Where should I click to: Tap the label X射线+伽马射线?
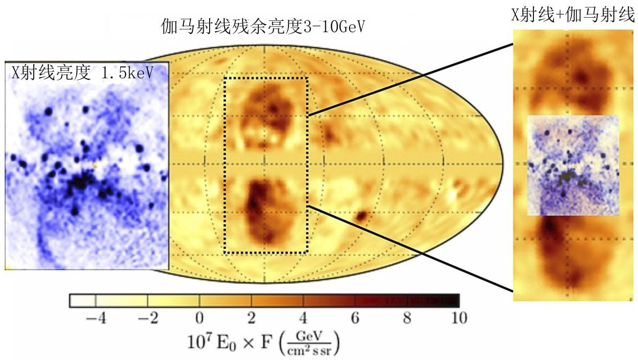point(573,16)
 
